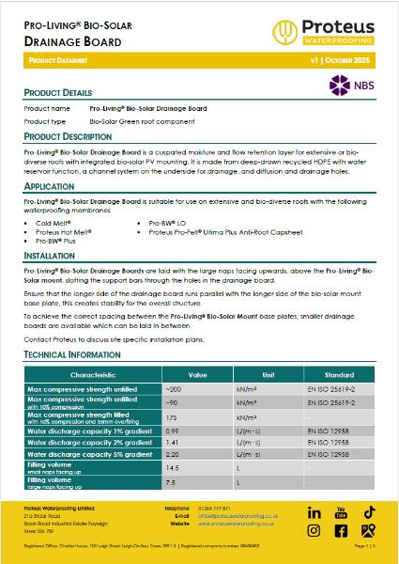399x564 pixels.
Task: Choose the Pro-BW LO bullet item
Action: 163,223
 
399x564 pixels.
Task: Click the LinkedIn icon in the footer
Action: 314,512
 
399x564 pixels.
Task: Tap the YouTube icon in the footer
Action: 342,512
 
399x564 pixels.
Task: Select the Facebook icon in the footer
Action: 342,530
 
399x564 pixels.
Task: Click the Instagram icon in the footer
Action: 314,530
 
